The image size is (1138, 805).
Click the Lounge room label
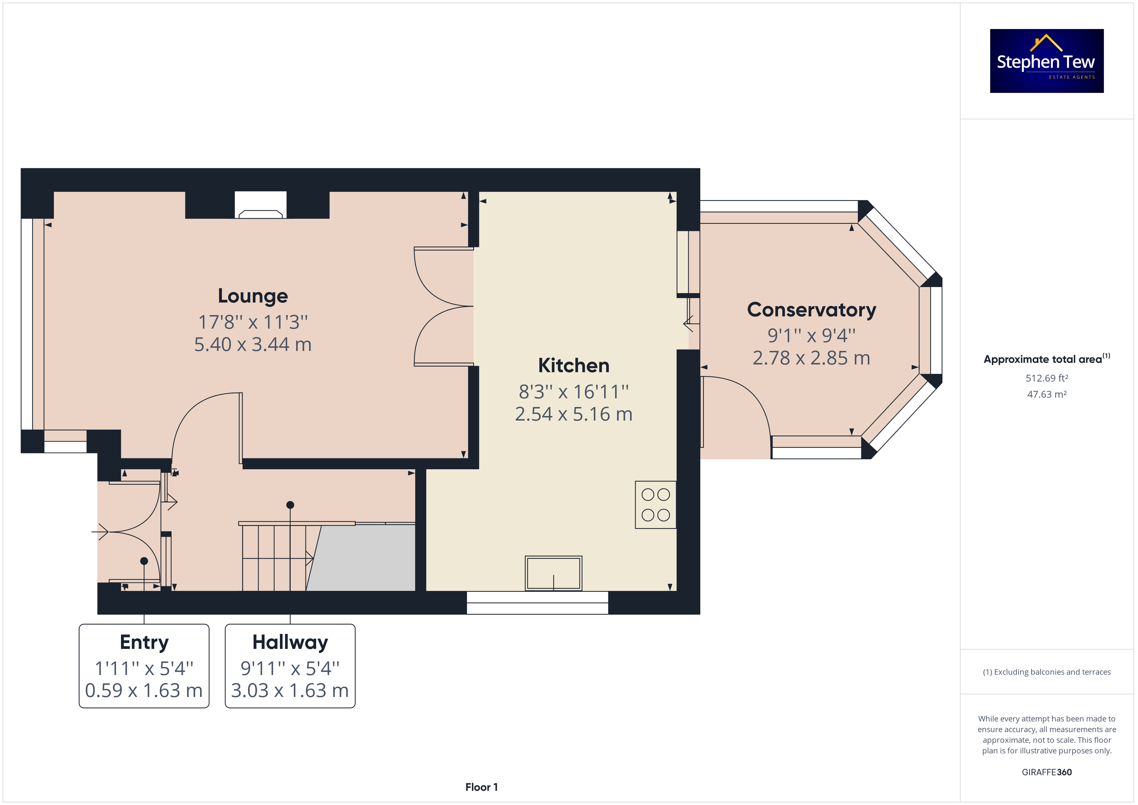point(253,296)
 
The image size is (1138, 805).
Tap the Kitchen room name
point(574,366)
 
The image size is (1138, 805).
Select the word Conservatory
point(811,310)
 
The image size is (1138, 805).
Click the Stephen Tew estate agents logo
point(1046,61)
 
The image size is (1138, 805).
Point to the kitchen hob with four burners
point(655,505)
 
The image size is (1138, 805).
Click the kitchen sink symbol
point(553,573)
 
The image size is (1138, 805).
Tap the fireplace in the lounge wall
point(260,205)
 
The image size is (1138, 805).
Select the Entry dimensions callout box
point(144,666)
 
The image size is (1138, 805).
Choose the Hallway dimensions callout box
point(290,666)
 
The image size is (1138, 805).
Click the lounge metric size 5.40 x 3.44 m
point(253,344)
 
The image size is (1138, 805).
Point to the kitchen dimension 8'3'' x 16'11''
point(574,392)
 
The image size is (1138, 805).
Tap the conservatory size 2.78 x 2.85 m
point(811,358)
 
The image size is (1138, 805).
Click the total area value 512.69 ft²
point(1047,378)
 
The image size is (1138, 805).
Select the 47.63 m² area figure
point(1047,394)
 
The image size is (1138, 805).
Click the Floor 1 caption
point(481,787)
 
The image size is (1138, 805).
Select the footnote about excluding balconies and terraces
point(1047,672)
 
